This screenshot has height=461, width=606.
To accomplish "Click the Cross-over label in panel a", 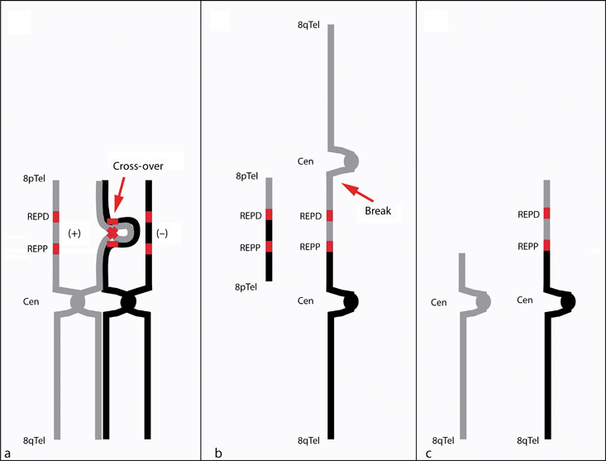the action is [x=138, y=166].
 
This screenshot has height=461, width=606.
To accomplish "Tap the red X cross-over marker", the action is [x=112, y=233].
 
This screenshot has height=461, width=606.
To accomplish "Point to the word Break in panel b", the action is [x=378, y=211].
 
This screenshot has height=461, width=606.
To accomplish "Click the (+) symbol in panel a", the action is [x=74, y=233].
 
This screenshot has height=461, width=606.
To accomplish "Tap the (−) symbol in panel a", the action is [x=162, y=233].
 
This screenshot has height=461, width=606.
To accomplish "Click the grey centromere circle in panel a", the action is [x=77, y=302].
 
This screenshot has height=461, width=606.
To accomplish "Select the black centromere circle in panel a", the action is [x=128, y=302].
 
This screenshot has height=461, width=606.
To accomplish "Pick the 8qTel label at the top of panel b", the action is [x=308, y=25].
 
